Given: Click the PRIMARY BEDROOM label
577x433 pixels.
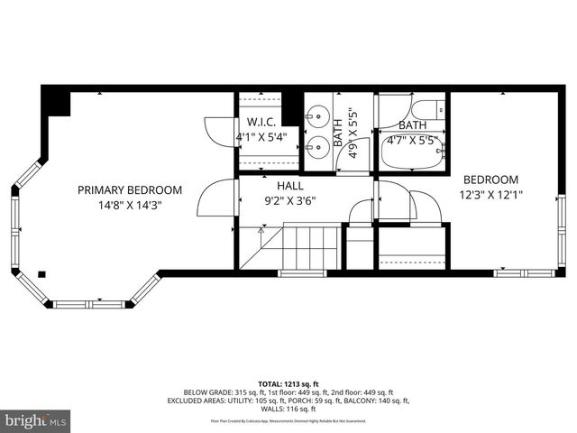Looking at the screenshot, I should pos(130,190).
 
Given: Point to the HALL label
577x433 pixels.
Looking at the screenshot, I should pos(278,185).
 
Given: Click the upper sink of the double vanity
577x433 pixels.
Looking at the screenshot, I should pos(316,115).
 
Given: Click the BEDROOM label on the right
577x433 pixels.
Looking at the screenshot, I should pos(491,180).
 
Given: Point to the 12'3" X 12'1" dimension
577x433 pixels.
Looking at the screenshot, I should pos(492,194).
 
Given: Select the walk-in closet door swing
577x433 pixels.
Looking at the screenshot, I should pos(220,133).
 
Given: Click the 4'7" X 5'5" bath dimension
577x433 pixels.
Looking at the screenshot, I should pos(412,141).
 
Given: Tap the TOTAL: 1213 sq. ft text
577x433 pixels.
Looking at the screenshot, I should pos(288,383).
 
